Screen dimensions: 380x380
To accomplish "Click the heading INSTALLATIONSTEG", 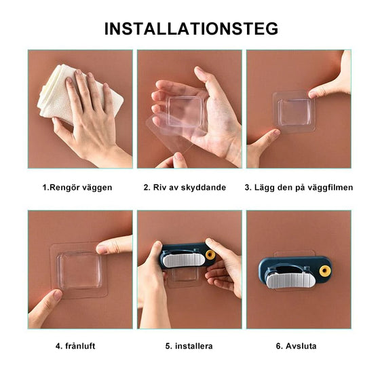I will coord(191,28).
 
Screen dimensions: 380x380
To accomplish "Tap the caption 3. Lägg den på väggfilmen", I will coord(299,187).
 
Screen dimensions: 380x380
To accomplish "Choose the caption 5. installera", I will coord(189,346).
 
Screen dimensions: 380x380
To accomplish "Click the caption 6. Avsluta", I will coord(297,346).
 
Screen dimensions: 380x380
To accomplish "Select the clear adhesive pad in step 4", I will coord(79,270).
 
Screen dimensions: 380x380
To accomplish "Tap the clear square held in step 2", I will coord(187,111).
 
